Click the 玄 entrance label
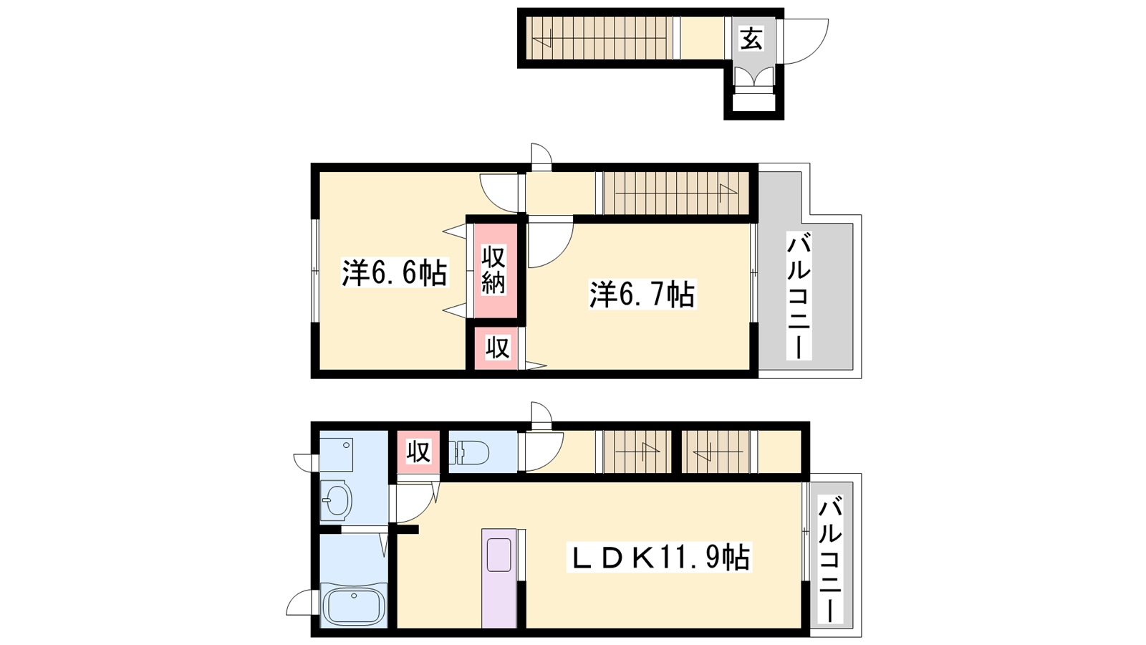click(751, 39)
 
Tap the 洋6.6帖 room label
click(395, 272)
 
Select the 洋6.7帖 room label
click(642, 295)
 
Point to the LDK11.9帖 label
click(658, 557)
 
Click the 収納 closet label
click(493, 269)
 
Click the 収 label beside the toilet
click(418, 452)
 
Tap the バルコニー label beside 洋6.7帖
click(799, 296)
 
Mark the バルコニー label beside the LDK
click(830, 560)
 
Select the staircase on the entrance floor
click(600, 39)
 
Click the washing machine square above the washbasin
click(337, 454)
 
